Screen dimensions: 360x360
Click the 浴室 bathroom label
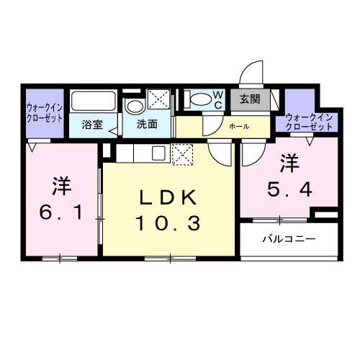[x=91, y=125]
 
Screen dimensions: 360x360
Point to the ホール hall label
[x=239, y=127]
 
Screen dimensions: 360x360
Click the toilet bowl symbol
[x=199, y=99]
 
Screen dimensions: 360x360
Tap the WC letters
[x=218, y=99]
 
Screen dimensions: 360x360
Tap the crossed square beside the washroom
[x=158, y=100]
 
